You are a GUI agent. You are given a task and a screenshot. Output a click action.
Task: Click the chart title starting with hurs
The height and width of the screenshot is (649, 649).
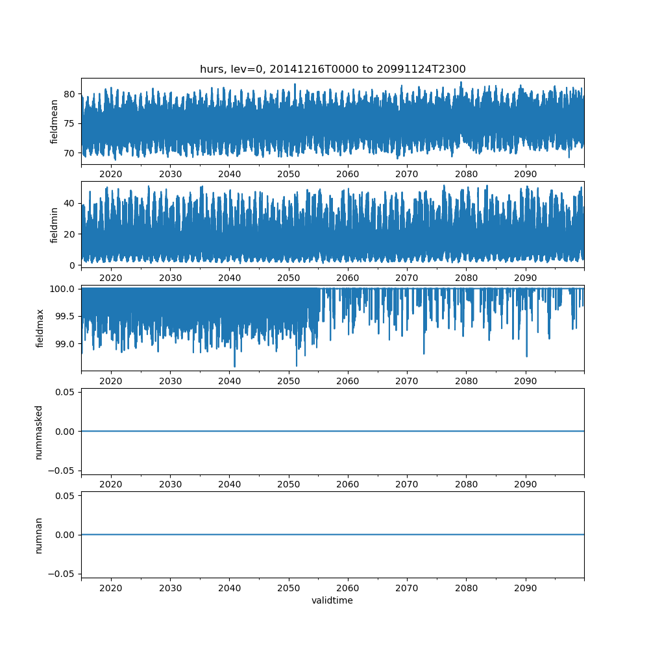click(x=332, y=69)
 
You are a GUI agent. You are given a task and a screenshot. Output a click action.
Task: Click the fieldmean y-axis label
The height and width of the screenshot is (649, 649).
click(x=55, y=121)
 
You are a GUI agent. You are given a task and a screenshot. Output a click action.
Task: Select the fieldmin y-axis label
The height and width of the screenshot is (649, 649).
click(x=55, y=225)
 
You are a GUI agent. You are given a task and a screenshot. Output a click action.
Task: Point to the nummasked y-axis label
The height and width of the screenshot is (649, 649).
click(x=39, y=432)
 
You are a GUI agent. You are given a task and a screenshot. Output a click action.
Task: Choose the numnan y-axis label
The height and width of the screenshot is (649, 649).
click(x=39, y=535)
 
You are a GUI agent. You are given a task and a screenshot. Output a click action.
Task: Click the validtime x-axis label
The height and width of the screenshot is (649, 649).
click(x=332, y=600)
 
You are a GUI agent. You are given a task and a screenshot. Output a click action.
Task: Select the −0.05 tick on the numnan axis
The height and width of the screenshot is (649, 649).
click(x=62, y=574)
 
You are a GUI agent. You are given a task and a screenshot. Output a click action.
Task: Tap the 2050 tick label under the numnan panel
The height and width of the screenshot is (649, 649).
click(x=289, y=588)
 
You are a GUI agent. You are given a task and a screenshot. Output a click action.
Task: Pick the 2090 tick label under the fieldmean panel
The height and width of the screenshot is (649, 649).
click(x=526, y=175)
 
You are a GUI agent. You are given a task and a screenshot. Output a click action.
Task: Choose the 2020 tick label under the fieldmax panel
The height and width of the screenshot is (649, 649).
click(x=111, y=381)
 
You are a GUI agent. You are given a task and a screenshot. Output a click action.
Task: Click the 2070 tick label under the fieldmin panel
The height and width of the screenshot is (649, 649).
click(x=407, y=278)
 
